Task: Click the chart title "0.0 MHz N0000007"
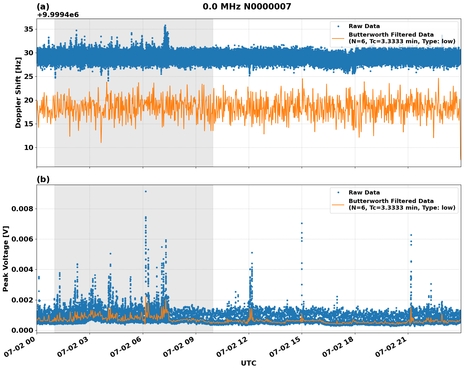click(x=247, y=7)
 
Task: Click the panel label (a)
click(x=43, y=7)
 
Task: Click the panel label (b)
click(x=43, y=179)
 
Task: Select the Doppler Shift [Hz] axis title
click(x=18, y=92)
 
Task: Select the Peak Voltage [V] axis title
click(x=6, y=259)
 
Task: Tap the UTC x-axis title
click(x=248, y=363)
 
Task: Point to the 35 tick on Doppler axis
click(x=29, y=29)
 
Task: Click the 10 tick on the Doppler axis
click(x=29, y=147)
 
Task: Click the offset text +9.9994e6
click(x=58, y=15)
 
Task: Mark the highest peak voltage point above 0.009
click(x=146, y=191)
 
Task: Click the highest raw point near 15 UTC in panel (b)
click(x=302, y=223)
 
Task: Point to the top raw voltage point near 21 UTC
click(x=411, y=235)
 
